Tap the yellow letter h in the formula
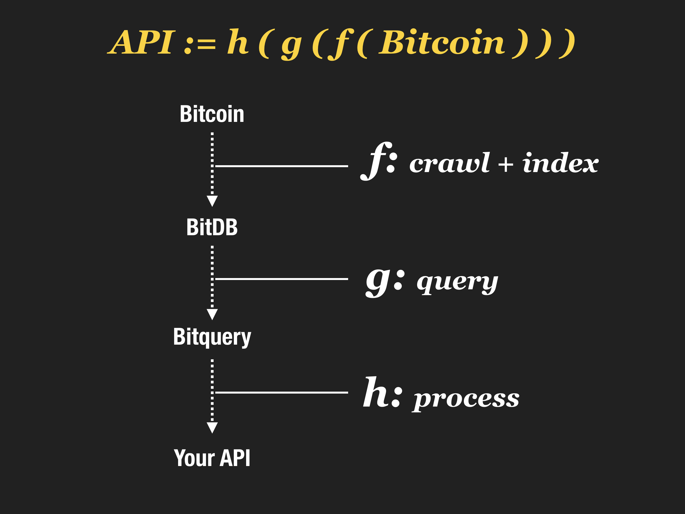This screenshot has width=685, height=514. pyautogui.click(x=238, y=42)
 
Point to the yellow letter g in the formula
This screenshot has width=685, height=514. pyautogui.click(x=291, y=45)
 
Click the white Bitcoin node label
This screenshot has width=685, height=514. pyautogui.click(x=212, y=114)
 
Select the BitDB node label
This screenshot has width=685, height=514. pyautogui.click(x=212, y=227)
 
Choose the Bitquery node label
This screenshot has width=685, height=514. pyautogui.click(x=212, y=337)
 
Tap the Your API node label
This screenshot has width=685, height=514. pyautogui.click(x=212, y=458)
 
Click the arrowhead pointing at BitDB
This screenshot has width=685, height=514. pyautogui.click(x=212, y=200)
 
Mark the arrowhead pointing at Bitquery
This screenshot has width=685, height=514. pyautogui.click(x=212, y=314)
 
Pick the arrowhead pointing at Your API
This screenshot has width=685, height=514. pyautogui.click(x=212, y=427)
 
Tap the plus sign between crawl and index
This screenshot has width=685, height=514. pyautogui.click(x=506, y=164)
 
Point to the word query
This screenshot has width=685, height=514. pyautogui.click(x=457, y=282)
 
